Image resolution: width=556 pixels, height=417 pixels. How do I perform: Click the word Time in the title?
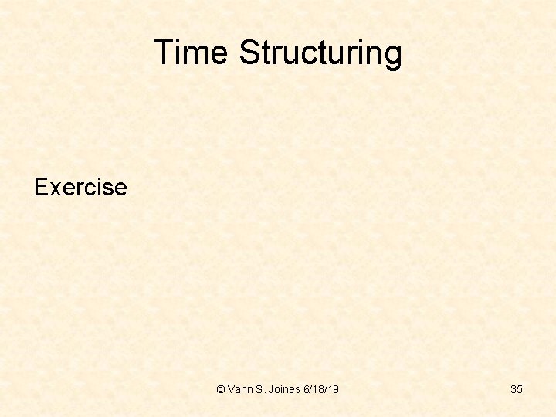click(192, 53)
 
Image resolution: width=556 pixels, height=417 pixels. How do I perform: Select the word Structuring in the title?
click(320, 53)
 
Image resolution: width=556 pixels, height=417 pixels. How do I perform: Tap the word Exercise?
click(80, 187)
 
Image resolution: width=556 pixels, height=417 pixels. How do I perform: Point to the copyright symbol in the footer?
click(221, 389)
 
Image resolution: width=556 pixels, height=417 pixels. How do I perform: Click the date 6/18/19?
click(322, 389)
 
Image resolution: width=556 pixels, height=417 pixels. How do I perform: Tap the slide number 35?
click(517, 389)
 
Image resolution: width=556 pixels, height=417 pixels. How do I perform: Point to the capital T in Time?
click(164, 53)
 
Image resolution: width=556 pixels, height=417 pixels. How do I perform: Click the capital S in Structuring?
click(249, 53)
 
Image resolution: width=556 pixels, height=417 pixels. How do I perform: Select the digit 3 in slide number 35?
click(514, 389)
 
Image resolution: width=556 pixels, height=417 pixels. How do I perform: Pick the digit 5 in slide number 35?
click(520, 389)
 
